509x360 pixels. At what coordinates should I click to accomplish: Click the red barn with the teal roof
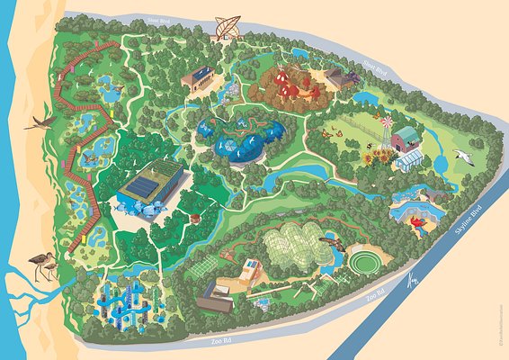point(406,137)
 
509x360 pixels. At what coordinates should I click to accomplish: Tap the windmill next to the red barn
point(386,127)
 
